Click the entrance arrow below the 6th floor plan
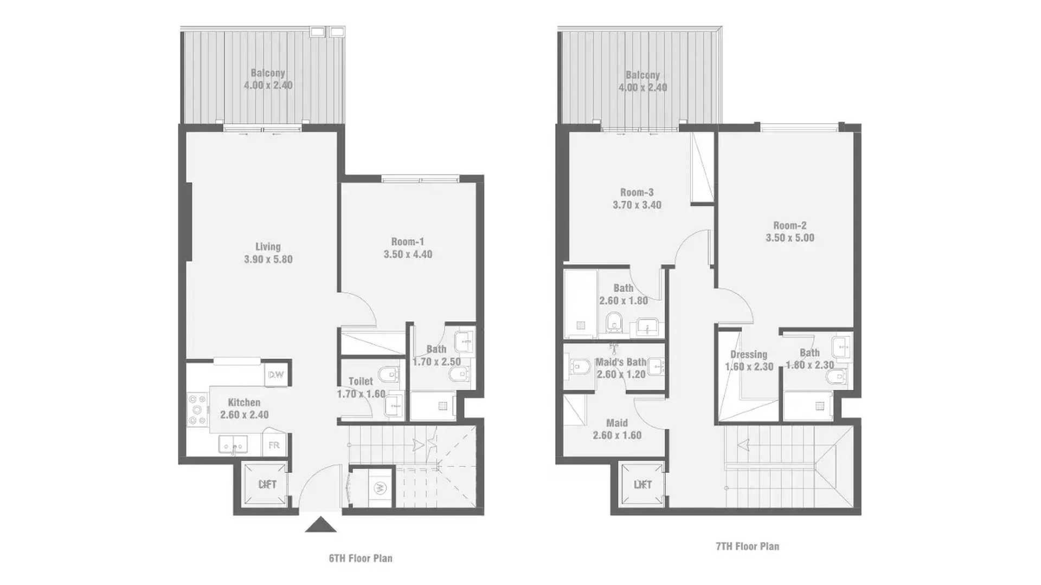click(x=320, y=525)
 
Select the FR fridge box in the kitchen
click(x=274, y=445)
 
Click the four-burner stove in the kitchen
click(x=197, y=409)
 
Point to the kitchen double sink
click(x=233, y=445)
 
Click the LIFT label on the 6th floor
click(x=267, y=484)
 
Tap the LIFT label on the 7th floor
click(x=642, y=484)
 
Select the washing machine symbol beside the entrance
click(x=379, y=487)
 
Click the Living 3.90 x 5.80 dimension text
click(x=268, y=259)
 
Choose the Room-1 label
click(x=408, y=242)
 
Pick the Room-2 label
click(x=790, y=225)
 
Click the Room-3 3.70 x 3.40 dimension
click(x=637, y=205)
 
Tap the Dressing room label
click(x=749, y=354)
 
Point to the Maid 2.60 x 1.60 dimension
click(x=617, y=435)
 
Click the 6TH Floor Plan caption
click(x=361, y=558)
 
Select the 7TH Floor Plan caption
click(x=748, y=546)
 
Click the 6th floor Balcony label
click(x=268, y=73)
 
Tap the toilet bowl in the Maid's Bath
click(x=579, y=367)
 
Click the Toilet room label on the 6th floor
click(x=361, y=381)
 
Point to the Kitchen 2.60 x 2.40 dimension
click(x=245, y=414)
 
